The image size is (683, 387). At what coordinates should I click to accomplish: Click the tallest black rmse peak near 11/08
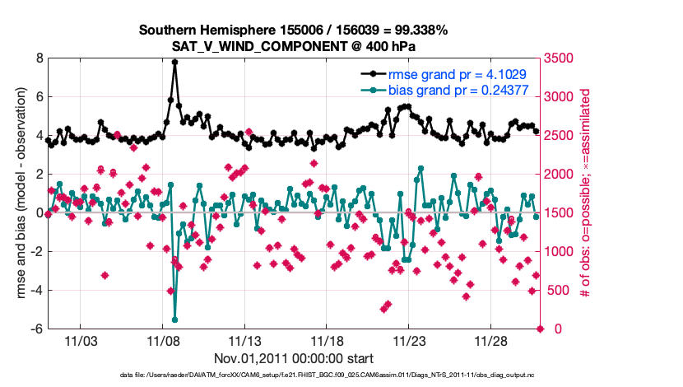tap(174, 62)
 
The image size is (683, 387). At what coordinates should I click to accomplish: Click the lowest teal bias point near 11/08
tap(174, 319)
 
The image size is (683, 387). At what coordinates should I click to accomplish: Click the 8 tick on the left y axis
tap(38, 58)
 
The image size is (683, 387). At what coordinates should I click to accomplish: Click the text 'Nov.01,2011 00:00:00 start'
tap(294, 358)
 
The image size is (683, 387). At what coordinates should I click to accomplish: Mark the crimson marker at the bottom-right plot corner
tap(541, 329)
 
